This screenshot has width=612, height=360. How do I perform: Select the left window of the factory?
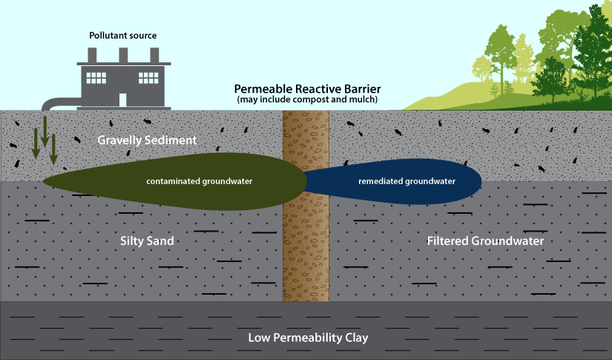pyautogui.click(x=96, y=78)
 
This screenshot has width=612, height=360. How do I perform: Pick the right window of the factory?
pyautogui.click(x=148, y=78)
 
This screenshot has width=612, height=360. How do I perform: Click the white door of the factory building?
pyautogui.click(x=122, y=99)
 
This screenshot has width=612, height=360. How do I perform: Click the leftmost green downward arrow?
pyautogui.click(x=35, y=144)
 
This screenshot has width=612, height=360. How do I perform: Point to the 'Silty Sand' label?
pyautogui.click(x=146, y=241)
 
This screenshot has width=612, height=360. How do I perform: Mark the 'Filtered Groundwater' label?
pyautogui.click(x=485, y=241)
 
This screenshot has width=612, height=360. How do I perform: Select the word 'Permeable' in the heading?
pyautogui.click(x=263, y=88)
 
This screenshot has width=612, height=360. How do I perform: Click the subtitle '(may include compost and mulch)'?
pyautogui.click(x=307, y=99)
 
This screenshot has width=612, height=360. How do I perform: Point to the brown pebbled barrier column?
pyautogui.click(x=305, y=245)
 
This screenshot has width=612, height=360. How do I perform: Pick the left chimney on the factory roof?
pyautogui.click(x=93, y=55)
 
